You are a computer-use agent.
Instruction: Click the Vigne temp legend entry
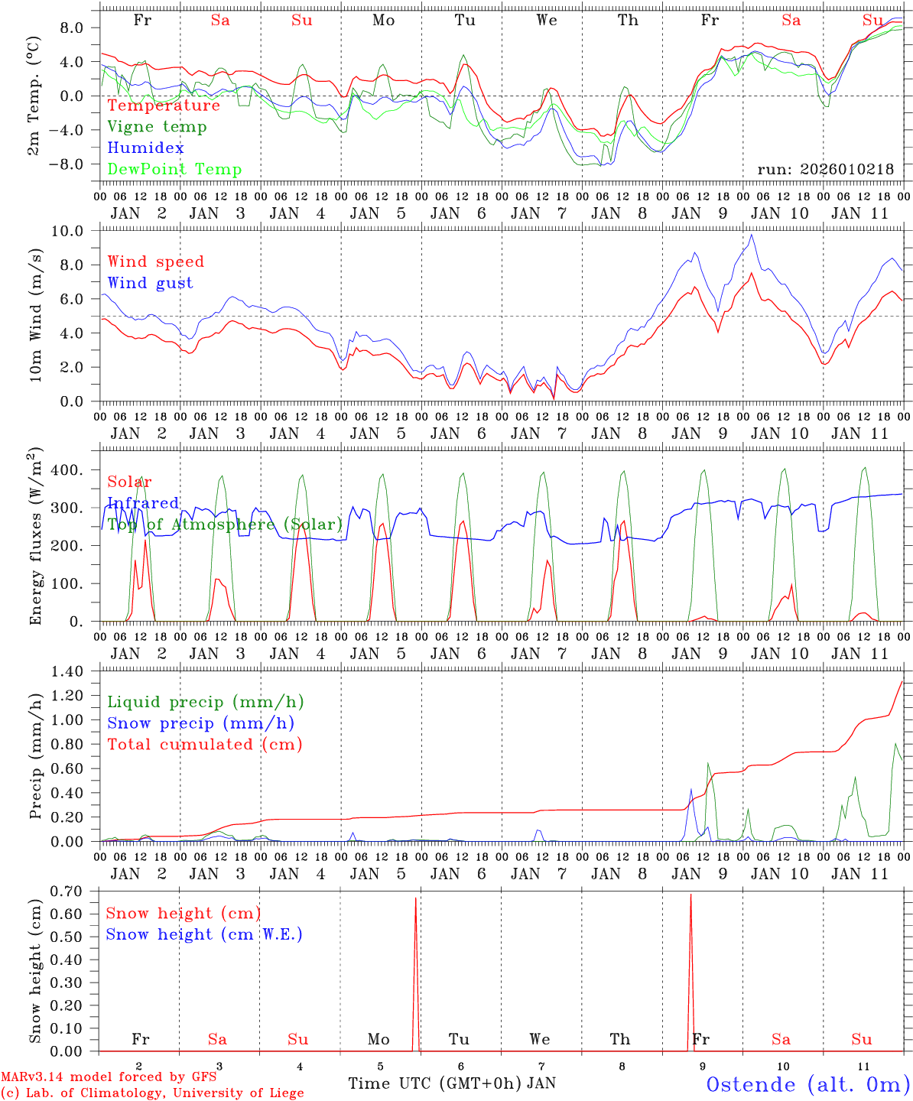[x=157, y=127]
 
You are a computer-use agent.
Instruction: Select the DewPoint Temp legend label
[x=174, y=170]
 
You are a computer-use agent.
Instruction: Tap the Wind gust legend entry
[x=150, y=283]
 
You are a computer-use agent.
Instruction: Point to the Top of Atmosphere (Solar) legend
[x=225, y=525]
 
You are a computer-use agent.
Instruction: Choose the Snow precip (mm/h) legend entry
[x=200, y=723]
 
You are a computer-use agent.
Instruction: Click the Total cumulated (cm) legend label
[x=204, y=745]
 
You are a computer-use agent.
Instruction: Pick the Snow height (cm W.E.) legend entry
[x=203, y=934]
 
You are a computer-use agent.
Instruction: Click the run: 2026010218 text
[x=825, y=170]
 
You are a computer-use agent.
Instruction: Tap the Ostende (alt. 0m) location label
[x=807, y=1084]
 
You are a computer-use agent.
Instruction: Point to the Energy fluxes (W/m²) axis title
[x=34, y=538]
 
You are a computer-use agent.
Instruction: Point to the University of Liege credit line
[x=152, y=1093]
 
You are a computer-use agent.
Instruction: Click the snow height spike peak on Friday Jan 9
[x=690, y=895]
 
